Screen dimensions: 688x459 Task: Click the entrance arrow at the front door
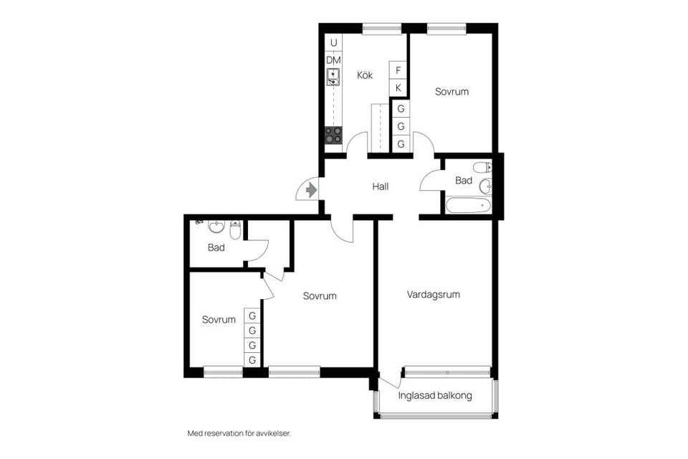(x=311, y=190)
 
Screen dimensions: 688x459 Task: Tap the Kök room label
(x=365, y=75)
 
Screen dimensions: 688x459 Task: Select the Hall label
(x=381, y=186)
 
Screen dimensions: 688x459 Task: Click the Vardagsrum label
(x=433, y=294)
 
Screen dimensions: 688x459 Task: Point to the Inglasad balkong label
(x=435, y=395)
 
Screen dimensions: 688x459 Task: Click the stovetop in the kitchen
(x=333, y=136)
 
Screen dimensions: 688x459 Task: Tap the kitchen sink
(x=333, y=77)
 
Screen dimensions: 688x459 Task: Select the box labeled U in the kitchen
(x=333, y=43)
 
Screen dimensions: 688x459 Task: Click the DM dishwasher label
(x=333, y=60)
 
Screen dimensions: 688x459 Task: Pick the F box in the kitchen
(x=398, y=70)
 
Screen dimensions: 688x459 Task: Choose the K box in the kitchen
(x=398, y=87)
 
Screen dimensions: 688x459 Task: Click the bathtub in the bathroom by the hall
(x=468, y=205)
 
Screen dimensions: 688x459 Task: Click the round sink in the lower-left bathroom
(x=216, y=227)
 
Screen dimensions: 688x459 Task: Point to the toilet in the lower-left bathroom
(x=236, y=229)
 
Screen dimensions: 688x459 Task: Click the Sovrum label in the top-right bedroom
(x=451, y=92)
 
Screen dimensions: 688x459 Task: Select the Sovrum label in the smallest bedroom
(x=219, y=320)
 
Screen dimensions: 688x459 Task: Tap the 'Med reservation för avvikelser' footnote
(x=239, y=433)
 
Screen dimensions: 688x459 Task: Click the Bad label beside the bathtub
(x=464, y=180)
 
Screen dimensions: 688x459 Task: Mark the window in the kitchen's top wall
(x=382, y=29)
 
